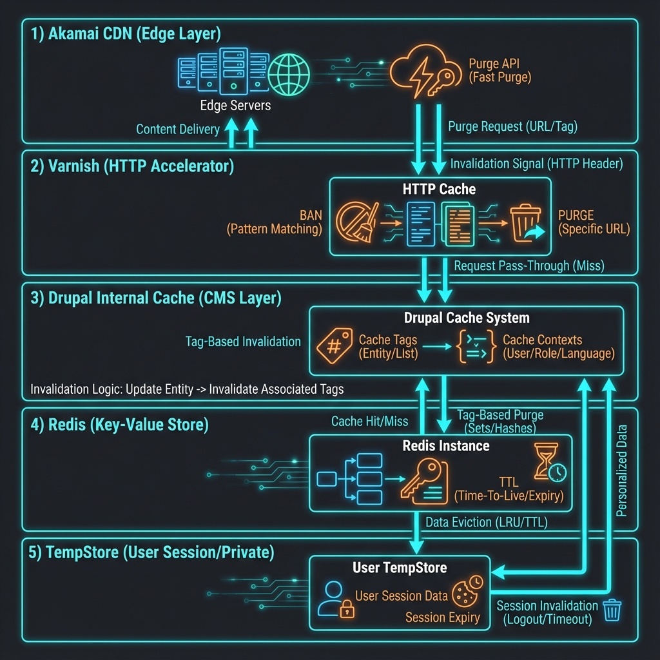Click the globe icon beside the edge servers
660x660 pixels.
[x=289, y=72]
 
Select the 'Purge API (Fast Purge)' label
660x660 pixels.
[x=499, y=71]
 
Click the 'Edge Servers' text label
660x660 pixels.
[x=236, y=105]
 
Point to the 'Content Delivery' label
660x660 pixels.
[x=178, y=130]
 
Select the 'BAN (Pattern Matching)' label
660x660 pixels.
[x=274, y=221]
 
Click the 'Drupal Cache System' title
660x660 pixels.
[x=467, y=318]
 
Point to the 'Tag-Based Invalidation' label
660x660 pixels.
[x=243, y=342]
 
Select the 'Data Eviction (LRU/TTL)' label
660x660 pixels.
[x=487, y=523]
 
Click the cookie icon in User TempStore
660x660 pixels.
[x=467, y=591]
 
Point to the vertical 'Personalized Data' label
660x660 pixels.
[x=622, y=471]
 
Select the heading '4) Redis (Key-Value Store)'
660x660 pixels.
[x=119, y=425]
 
